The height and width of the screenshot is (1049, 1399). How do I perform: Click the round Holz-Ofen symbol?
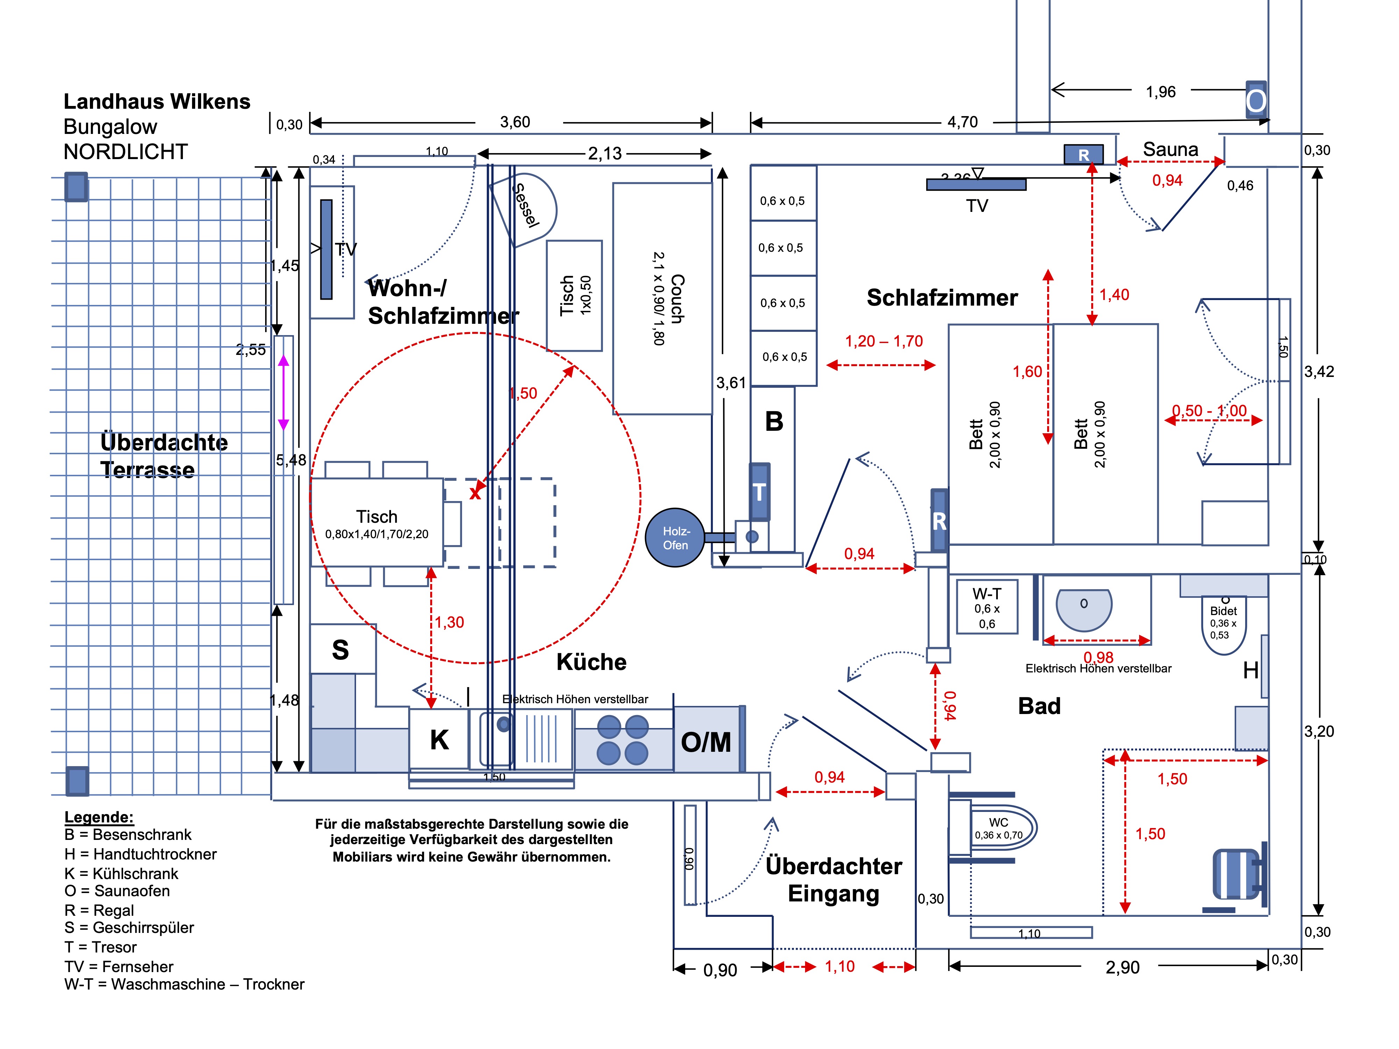675,537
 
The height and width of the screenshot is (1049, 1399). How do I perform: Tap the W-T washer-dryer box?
987,607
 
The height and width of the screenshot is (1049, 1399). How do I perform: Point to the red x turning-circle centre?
475,493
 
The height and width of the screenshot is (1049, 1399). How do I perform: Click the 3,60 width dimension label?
515,122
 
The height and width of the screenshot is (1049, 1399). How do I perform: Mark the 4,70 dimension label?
962,122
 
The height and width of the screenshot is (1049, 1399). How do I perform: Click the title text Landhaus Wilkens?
157,101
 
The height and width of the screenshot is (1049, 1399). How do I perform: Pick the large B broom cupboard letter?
774,421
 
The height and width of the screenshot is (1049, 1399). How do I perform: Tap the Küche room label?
591,662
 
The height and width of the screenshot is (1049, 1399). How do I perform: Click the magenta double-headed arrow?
283,392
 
